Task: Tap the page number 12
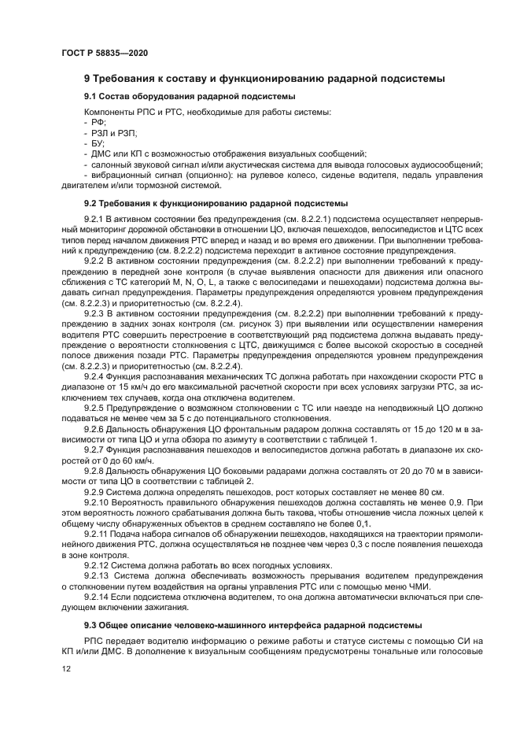(x=65, y=668)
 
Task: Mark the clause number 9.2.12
(x=96, y=564)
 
